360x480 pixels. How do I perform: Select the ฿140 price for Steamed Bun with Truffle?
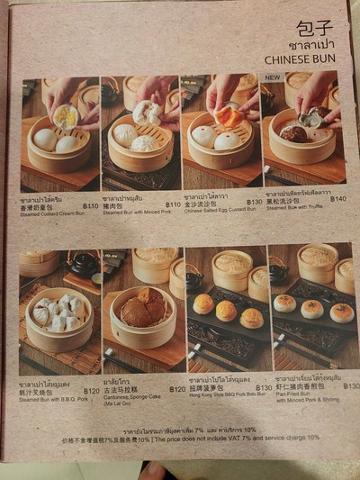point(337,199)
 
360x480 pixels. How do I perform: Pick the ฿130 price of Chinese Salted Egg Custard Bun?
point(254,202)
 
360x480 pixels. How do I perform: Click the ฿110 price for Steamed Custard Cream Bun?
point(90,205)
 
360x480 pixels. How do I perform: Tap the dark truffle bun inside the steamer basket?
point(293,133)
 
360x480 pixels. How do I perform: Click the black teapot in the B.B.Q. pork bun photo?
point(84,263)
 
